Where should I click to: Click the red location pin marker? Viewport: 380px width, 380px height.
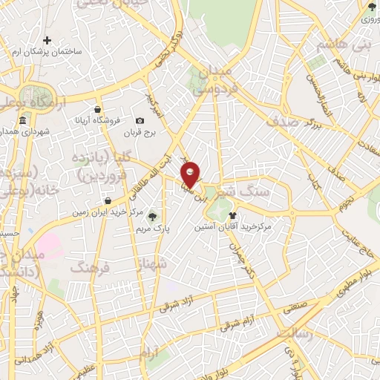191,174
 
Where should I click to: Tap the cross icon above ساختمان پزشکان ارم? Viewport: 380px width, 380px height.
48,40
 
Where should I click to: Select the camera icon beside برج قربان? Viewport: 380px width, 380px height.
140,121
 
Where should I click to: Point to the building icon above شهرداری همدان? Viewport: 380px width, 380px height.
23,121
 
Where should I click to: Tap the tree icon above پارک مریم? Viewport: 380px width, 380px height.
153,217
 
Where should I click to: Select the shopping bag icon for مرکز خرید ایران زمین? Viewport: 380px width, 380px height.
109,201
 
